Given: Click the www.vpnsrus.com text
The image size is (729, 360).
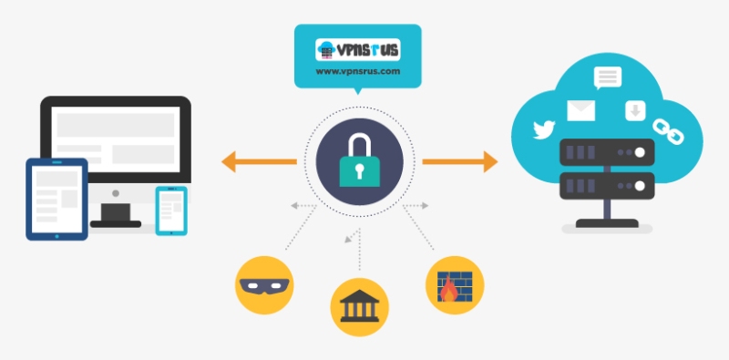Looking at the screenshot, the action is point(358,71).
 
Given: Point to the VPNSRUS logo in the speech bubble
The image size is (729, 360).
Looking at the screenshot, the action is point(357,49).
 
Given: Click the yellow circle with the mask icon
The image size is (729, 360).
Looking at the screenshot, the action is point(263,282).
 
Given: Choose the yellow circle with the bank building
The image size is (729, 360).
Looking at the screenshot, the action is point(358,304).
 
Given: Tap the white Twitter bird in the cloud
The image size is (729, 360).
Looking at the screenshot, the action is point(544,129).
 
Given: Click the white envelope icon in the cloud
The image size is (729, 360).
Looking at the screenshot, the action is point(580,110).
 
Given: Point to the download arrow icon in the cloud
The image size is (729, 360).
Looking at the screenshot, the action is point(634,111).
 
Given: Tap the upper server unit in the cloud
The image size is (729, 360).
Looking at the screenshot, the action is point(607,153).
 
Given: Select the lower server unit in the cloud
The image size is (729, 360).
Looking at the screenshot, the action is point(607,186).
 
